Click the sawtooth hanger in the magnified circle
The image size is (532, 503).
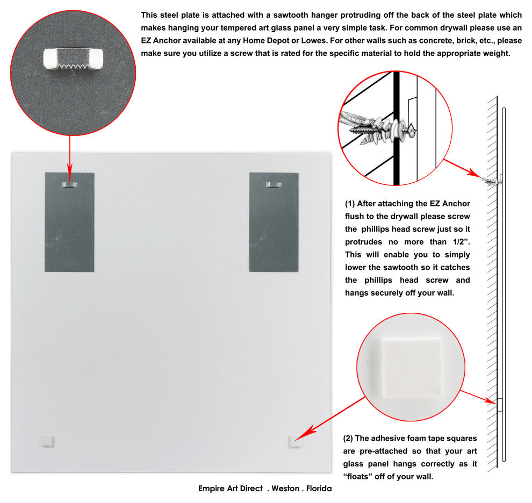[73, 59]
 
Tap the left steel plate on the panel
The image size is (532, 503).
[69, 222]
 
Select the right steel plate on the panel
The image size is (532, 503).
[274, 222]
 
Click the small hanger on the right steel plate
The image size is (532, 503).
[274, 185]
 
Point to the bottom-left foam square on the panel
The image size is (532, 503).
[47, 441]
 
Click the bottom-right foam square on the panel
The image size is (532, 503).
[294, 442]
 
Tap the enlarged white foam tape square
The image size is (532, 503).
[412, 368]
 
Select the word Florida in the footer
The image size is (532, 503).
[319, 488]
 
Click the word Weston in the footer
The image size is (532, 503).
[285, 488]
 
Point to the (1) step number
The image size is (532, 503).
[350, 204]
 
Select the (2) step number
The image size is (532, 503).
[348, 439]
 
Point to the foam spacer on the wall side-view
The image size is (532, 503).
[499, 405]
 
